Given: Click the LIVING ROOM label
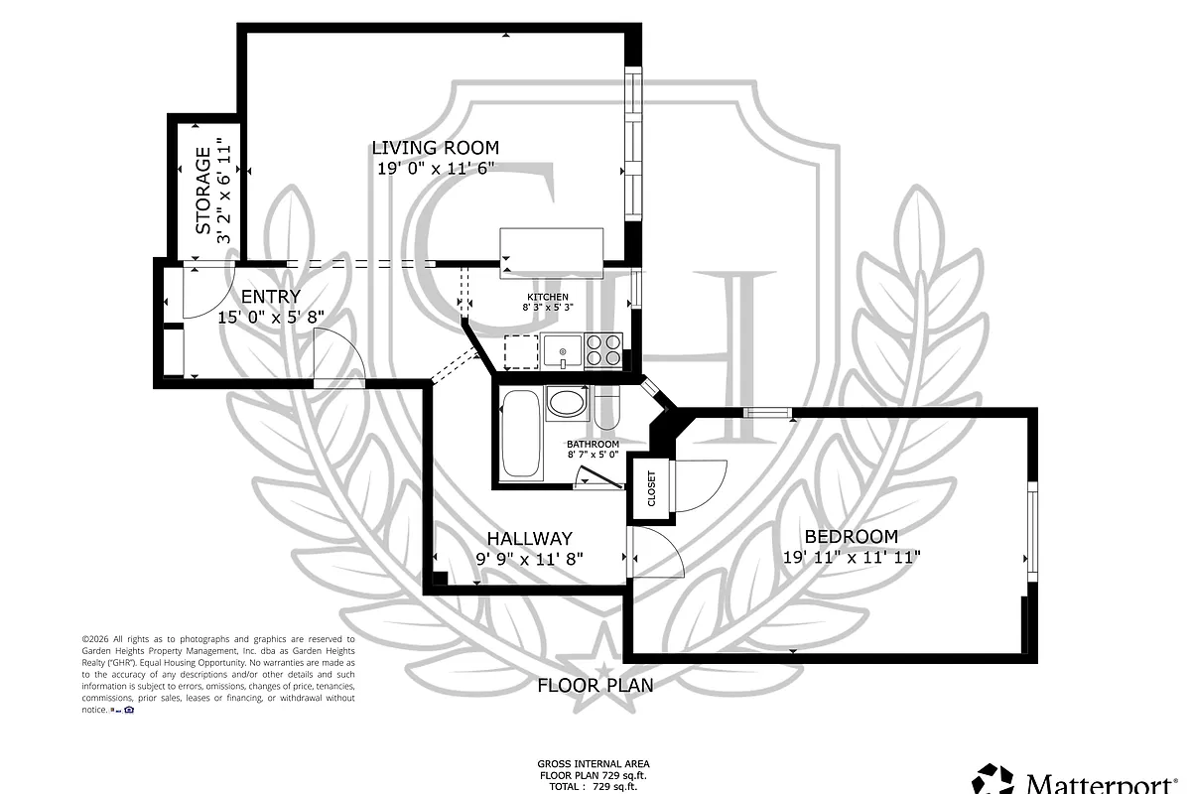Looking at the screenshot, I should click(435, 148).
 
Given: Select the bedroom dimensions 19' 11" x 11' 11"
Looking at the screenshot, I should click(852, 558).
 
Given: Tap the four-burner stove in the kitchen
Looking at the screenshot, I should click(603, 351).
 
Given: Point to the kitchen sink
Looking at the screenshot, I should click(564, 351).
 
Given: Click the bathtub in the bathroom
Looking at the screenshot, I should click(520, 434).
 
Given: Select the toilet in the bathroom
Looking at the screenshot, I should click(606, 409).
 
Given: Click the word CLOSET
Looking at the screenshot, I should click(652, 489).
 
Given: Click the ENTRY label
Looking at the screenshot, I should click(270, 297).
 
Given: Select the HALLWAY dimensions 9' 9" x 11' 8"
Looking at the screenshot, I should click(529, 559).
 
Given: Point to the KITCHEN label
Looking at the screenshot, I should click(547, 297).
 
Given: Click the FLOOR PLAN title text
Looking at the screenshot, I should click(595, 685).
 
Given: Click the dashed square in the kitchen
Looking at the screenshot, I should click(520, 352).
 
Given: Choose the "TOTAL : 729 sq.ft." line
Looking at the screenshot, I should click(595, 786).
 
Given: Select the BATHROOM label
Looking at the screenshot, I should click(593, 444).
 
